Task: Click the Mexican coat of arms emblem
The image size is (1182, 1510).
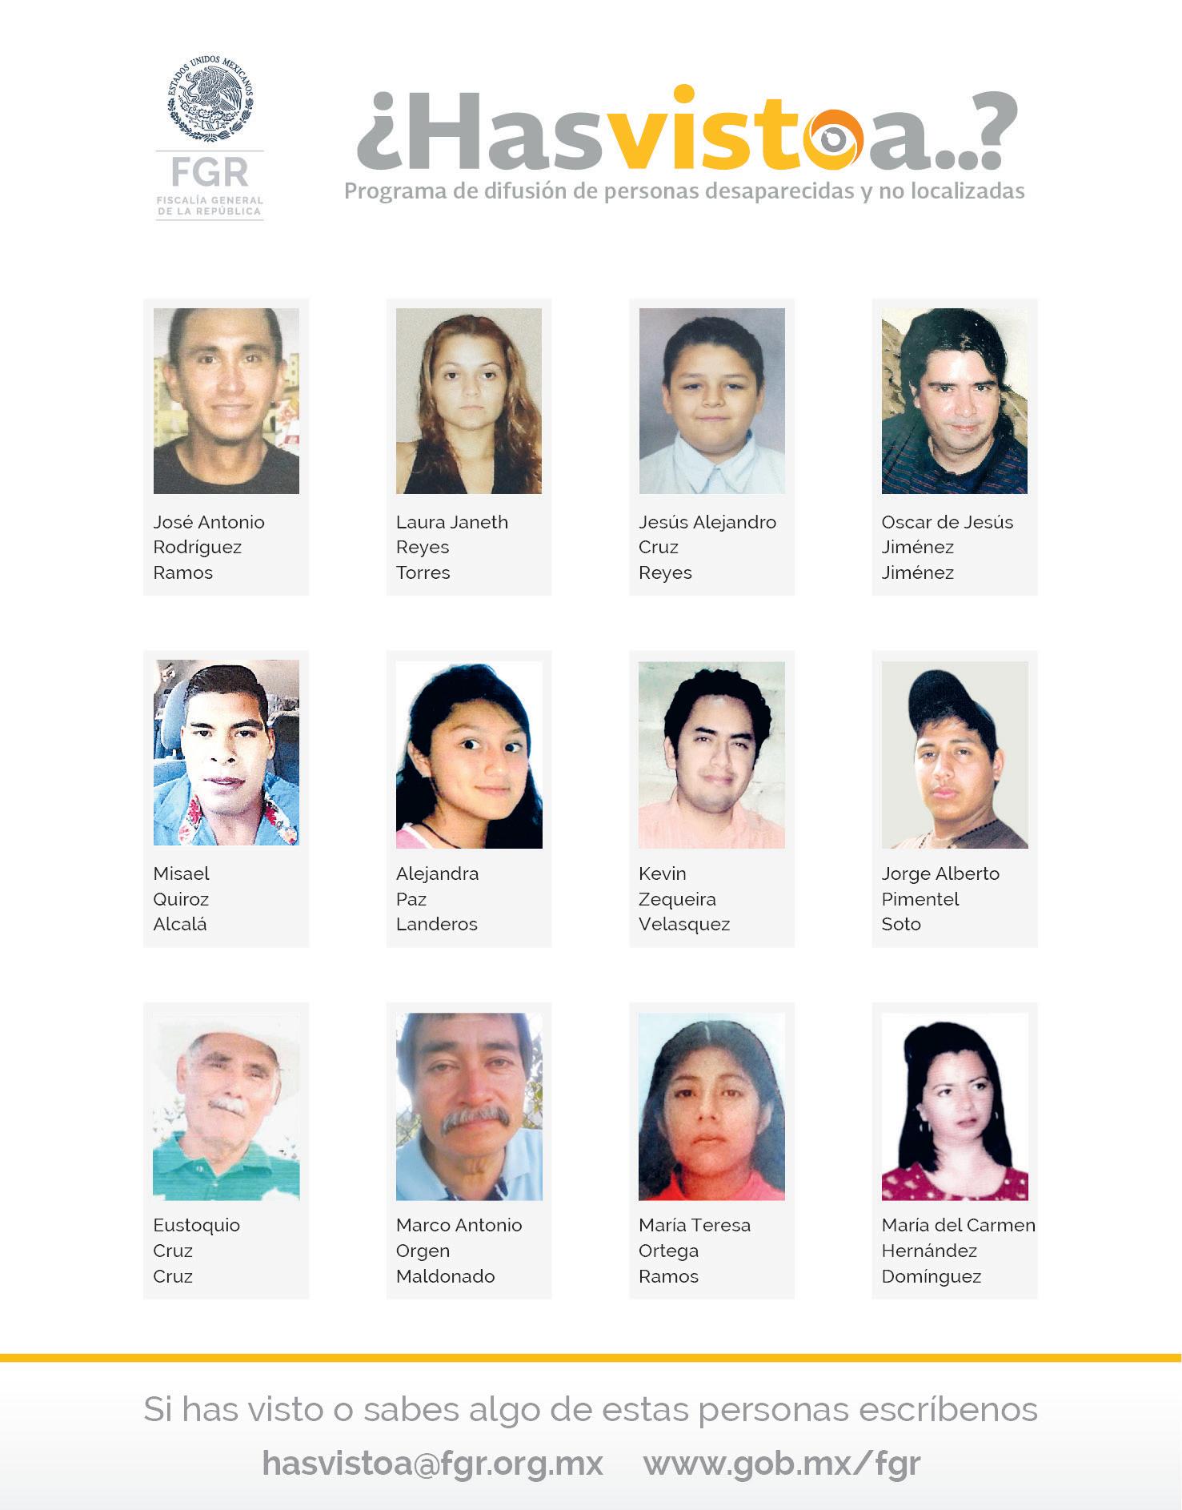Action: click(210, 98)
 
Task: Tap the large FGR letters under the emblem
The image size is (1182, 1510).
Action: click(210, 172)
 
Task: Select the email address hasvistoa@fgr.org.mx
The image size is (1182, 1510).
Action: click(432, 1463)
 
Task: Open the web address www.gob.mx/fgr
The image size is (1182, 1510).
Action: click(782, 1463)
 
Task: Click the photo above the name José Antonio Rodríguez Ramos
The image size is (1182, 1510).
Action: click(226, 400)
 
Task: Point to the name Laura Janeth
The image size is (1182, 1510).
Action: click(452, 522)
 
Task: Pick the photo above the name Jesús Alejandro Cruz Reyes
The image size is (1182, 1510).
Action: click(711, 400)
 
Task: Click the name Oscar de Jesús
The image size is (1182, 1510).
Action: click(947, 522)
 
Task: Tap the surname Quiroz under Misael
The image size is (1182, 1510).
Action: click(181, 899)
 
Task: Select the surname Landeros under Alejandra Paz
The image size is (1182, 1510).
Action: click(436, 924)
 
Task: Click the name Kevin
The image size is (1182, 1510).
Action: click(663, 873)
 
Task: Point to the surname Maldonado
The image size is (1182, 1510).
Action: click(445, 1276)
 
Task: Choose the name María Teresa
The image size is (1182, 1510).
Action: click(695, 1225)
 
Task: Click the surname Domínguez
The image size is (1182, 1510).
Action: click(932, 1276)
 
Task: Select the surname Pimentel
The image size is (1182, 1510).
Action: click(920, 899)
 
